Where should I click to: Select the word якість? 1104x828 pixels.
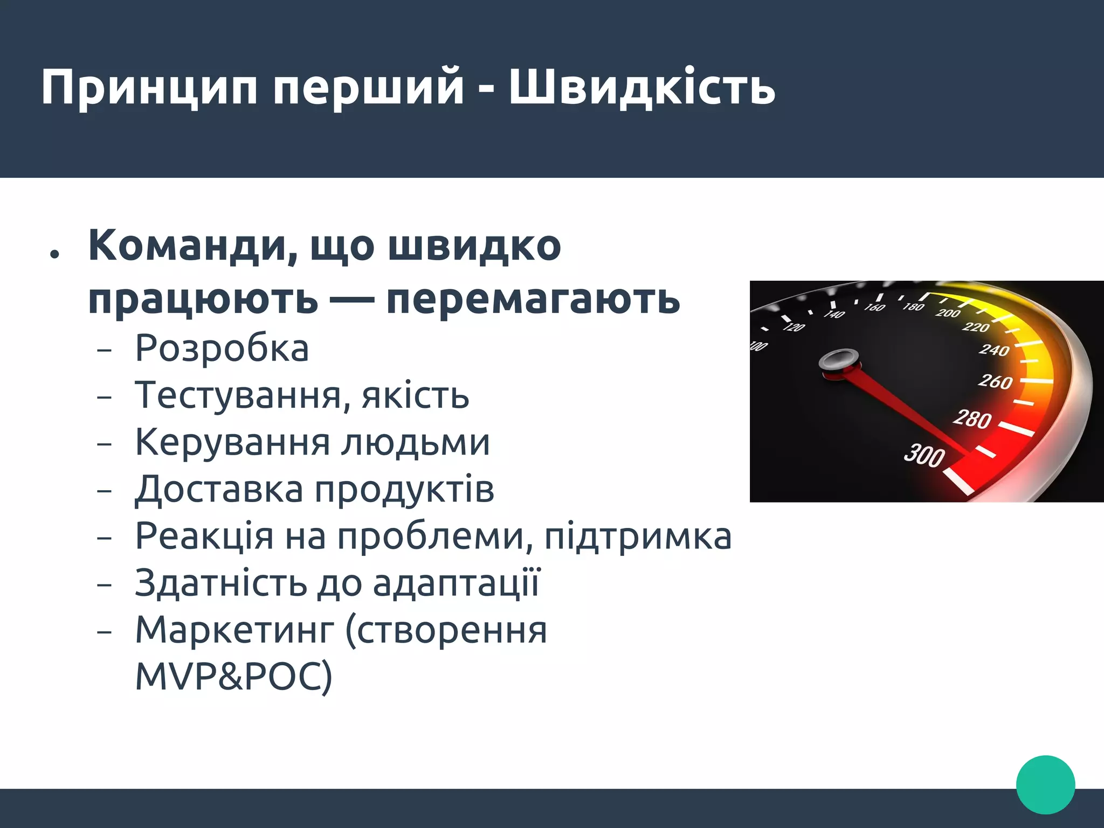click(415, 396)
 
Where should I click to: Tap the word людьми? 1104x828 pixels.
click(415, 443)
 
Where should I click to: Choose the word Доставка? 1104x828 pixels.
click(219, 490)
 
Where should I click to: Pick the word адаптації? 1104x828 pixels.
click(456, 583)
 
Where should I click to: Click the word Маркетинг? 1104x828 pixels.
click(234, 630)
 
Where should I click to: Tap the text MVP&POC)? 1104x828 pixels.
click(233, 677)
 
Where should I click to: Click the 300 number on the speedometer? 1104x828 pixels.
click(924, 455)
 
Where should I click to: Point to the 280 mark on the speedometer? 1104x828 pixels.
click(972, 419)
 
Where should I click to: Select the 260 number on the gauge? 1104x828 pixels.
click(995, 381)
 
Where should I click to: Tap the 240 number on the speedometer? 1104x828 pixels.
click(994, 350)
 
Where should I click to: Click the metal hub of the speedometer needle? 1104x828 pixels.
click(838, 360)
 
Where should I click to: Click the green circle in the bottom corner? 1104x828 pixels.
click(1045, 784)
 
